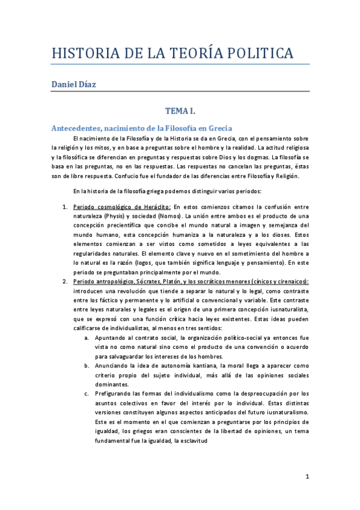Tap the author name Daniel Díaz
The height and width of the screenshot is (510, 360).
[73, 85]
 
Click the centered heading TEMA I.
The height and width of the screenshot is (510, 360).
[180, 111]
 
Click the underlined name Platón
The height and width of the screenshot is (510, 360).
[172, 281]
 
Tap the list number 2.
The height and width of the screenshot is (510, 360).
[66, 281]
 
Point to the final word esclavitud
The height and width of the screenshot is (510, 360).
[191, 440]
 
